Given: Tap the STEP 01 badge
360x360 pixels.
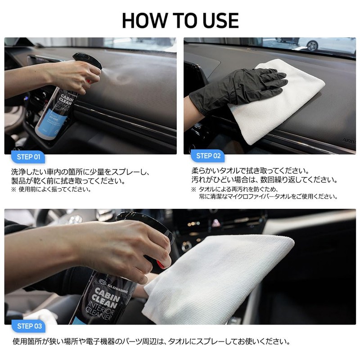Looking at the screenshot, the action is point(28,157).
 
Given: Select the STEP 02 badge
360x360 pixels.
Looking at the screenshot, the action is point(208,156).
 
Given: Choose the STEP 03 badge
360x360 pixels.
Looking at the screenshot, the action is point(29,326).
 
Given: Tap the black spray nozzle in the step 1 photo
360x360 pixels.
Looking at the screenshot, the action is point(87,60).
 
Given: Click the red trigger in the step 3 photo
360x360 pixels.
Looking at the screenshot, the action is point(161,265).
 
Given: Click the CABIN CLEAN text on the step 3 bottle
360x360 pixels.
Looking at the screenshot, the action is point(106,298).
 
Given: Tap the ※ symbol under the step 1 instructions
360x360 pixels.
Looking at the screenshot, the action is point(14,189).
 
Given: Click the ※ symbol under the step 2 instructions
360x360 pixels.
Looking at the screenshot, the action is point(194,189).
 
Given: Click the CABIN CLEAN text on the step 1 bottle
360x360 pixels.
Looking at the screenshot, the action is point(66,100).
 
